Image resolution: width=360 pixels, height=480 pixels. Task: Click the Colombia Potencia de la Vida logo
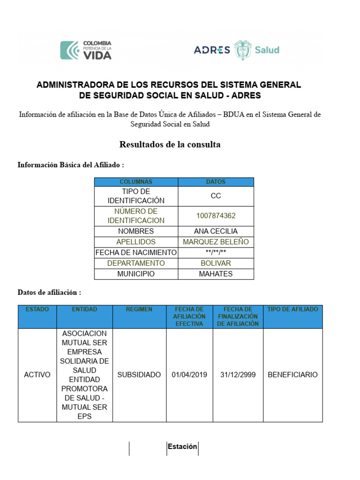(86, 50)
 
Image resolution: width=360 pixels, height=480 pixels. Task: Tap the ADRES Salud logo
(236, 50)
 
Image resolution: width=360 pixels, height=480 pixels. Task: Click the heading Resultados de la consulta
(170, 144)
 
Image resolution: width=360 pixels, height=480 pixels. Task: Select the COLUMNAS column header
(136, 182)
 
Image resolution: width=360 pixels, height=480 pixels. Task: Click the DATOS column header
(216, 182)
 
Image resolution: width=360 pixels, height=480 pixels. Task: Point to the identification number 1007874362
(216, 216)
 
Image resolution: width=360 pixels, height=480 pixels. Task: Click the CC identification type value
(216, 196)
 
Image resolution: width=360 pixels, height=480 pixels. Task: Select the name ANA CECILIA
(216, 231)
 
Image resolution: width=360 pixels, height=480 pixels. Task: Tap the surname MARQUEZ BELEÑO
(216, 242)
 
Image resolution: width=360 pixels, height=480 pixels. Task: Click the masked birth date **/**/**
(216, 253)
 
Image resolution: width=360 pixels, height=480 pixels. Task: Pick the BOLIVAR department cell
(216, 263)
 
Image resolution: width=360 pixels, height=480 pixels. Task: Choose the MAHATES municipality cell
(216, 274)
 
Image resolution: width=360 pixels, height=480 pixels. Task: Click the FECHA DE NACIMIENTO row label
(136, 253)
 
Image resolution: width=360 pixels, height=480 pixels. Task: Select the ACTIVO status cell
(37, 375)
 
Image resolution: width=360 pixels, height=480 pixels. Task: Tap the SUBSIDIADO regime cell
(139, 375)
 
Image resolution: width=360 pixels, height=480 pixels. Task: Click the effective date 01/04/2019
(189, 375)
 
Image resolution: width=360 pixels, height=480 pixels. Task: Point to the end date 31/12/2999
(238, 375)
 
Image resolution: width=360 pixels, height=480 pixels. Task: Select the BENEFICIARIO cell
(292, 375)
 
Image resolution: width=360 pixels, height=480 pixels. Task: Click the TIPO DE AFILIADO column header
(292, 309)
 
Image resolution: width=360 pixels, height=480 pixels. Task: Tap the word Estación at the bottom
(182, 447)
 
